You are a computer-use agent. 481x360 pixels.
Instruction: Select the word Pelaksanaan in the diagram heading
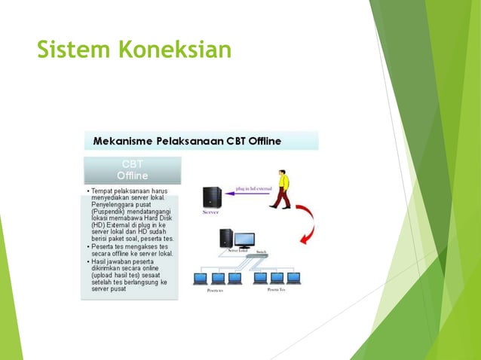(188, 141)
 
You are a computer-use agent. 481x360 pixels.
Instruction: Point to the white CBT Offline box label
(132, 170)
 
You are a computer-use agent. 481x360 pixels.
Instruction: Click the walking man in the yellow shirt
(280, 190)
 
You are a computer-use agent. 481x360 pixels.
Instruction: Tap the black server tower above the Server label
(212, 197)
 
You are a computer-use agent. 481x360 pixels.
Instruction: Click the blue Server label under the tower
(212, 213)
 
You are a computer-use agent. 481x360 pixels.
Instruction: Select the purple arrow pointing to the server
(248, 194)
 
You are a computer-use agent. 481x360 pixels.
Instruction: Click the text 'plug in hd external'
(253, 188)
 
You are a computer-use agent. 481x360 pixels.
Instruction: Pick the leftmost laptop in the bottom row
(201, 279)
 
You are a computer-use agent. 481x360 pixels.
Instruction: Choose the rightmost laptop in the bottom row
(293, 279)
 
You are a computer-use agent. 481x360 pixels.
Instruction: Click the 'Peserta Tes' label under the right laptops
(275, 289)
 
